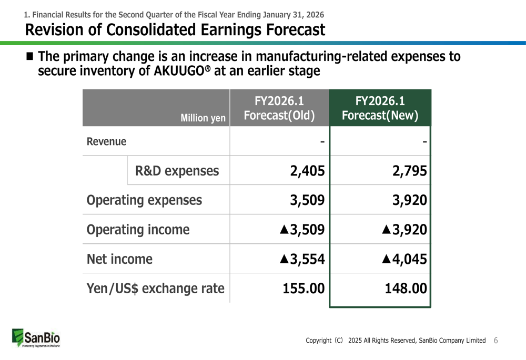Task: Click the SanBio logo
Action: (x=36, y=338)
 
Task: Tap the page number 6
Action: (x=495, y=341)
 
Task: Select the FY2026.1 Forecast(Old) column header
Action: (x=279, y=108)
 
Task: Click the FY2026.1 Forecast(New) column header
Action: (x=380, y=108)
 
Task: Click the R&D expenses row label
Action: (x=177, y=171)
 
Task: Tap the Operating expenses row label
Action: (x=144, y=200)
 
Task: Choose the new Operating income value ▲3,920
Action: (x=404, y=230)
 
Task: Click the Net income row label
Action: (x=119, y=259)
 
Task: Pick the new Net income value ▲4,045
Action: (x=404, y=259)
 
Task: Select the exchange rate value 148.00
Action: (x=403, y=289)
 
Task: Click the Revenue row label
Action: (x=106, y=142)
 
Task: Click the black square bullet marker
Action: (x=30, y=56)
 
